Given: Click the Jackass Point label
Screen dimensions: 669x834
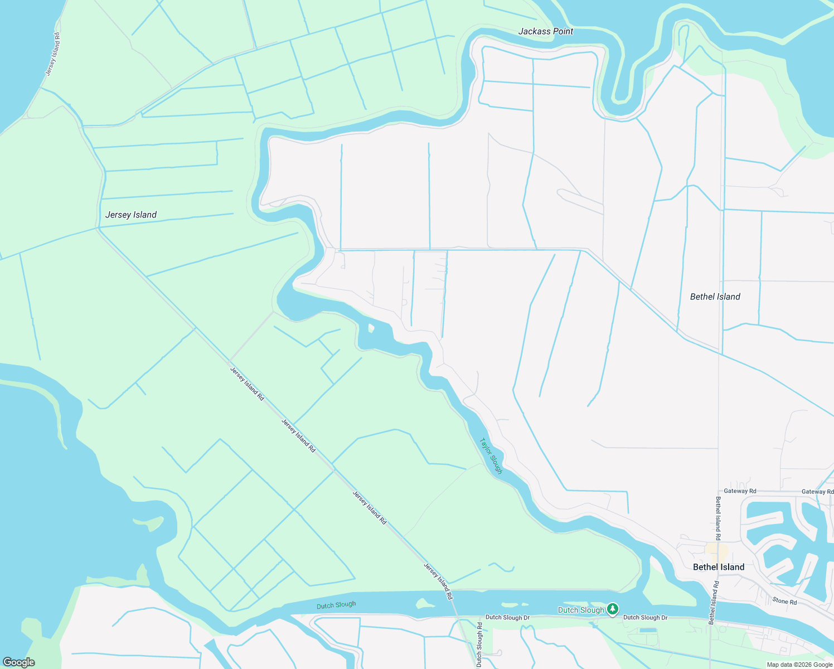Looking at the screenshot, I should tap(545, 31).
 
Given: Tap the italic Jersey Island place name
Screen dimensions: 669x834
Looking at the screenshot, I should tap(131, 215).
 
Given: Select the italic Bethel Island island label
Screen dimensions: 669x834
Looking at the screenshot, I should tap(715, 297).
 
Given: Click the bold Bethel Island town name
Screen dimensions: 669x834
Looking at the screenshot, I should tap(718, 567).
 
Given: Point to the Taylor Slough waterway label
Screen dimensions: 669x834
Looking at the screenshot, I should tap(491, 456).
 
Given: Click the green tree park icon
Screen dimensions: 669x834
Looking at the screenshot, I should tap(613, 609).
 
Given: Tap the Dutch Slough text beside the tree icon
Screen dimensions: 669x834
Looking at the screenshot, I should tap(581, 610).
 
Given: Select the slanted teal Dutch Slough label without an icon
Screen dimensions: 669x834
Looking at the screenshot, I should tap(336, 605).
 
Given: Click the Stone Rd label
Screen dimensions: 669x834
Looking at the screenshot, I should tap(784, 602).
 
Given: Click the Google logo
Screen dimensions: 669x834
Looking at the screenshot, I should tap(18, 662).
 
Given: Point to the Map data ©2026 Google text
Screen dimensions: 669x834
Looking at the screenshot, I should tap(799, 665).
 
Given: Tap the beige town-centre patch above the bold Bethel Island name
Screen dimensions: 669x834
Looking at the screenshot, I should tap(717, 552).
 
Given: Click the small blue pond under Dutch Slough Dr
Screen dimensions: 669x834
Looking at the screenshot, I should tap(648, 630).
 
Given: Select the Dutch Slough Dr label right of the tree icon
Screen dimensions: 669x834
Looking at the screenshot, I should tap(645, 617).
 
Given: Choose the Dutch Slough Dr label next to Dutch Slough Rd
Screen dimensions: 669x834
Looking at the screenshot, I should tap(507, 617).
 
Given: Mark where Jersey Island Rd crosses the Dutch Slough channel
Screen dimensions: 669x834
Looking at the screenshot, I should tap(455, 602).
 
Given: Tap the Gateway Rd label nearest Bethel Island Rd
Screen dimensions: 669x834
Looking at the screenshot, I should tap(740, 491).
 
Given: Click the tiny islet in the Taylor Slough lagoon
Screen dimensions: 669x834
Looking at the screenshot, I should tap(371, 328).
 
